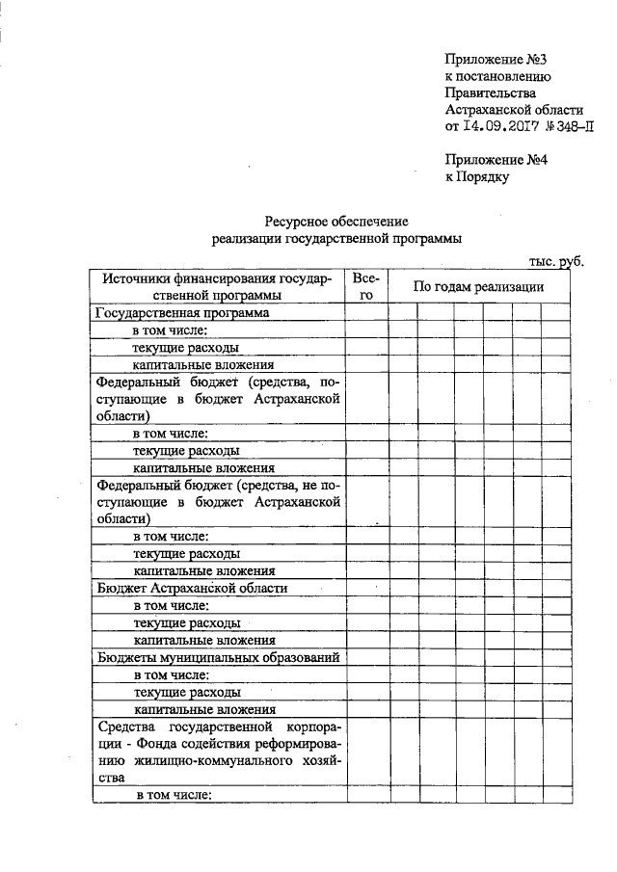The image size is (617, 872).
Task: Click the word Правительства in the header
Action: pos(490,92)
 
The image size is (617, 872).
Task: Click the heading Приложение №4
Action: pos(496,160)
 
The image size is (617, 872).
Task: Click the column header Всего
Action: pos(365,286)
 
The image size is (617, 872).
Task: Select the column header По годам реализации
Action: pos(478,286)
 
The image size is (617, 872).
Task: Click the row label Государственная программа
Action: pos(181,313)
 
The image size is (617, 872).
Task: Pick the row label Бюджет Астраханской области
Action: pos(193,588)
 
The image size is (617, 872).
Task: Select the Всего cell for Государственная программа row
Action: pos(365,313)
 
